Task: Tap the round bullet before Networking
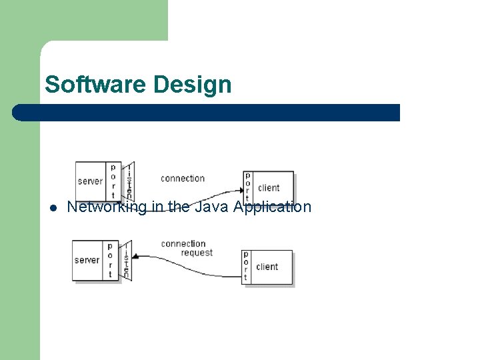pos(53,208)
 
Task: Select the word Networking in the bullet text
pos(107,207)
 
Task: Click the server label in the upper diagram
pos(90,181)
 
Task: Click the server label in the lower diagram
pos(87,260)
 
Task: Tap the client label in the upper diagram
pos(269,187)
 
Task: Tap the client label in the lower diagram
pos(267,267)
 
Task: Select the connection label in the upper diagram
pos(183,178)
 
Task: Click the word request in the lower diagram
pos(197,253)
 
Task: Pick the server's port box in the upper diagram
pos(113,181)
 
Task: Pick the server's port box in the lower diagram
pos(110,260)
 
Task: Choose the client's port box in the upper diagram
pos(247,187)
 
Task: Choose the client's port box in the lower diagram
pos(245,267)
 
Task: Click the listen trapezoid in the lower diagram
pos(126,261)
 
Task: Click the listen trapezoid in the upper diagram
pos(129,181)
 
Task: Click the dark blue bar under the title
pos(207,113)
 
